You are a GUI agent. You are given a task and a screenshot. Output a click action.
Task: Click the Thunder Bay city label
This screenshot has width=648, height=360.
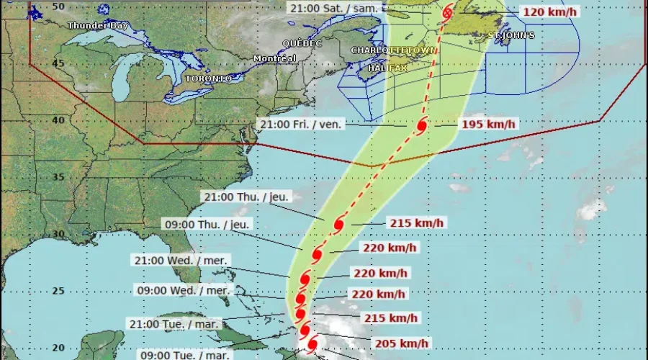coord(92,26)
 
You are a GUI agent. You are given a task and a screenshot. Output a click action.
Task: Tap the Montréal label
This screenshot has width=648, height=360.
coord(274,58)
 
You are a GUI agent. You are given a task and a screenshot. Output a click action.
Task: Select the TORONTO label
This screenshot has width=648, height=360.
coord(209,78)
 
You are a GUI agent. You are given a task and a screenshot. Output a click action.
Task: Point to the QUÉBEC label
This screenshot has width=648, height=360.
coord(302,43)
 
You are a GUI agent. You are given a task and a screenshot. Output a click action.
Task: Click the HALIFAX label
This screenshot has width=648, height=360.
coord(387,68)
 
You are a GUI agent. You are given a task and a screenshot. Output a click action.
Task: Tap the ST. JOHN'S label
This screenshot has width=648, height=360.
coord(511,35)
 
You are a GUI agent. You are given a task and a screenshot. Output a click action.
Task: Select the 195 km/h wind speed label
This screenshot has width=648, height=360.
coord(488,125)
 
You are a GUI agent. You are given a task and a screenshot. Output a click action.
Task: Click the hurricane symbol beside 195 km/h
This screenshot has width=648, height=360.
coord(422,125)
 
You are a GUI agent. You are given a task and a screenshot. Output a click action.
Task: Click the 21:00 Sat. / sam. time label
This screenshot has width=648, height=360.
coord(333,9)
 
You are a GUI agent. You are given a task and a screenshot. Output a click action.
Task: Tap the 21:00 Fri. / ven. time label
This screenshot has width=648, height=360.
coord(302,124)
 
